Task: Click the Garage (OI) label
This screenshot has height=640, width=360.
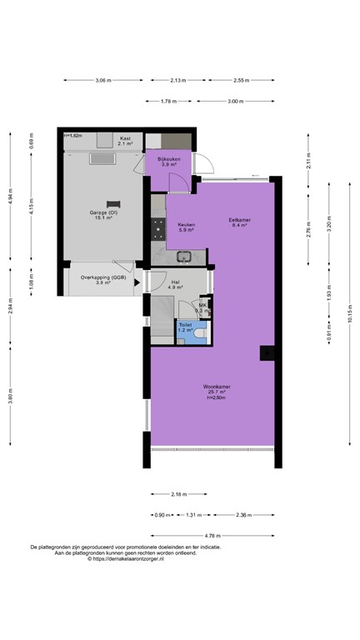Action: point(104,214)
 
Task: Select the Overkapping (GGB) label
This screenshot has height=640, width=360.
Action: point(103,279)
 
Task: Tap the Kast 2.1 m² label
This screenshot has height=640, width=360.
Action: point(125,141)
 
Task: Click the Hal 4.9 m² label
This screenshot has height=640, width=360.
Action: point(176,285)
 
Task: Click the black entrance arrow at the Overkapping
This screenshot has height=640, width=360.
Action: point(137,281)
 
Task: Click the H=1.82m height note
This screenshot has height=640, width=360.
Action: point(72,135)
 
